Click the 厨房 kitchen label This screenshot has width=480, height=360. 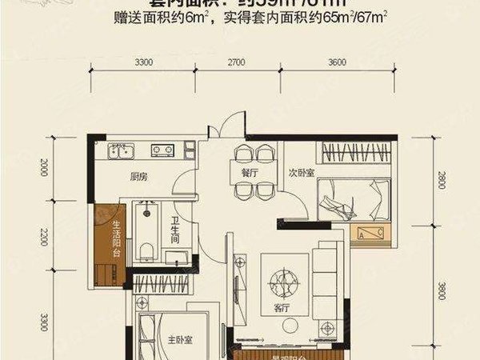coord(138,178)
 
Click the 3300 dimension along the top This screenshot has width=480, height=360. coord(144,62)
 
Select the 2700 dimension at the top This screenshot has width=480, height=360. coord(237,62)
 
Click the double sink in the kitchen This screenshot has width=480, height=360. coord(122,150)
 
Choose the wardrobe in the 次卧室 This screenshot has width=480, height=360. coord(352,152)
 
